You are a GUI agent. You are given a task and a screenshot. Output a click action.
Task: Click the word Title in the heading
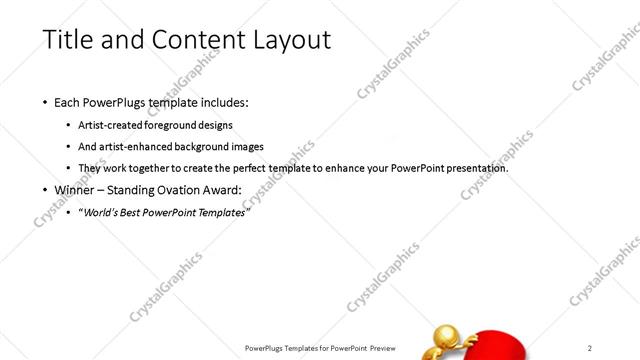pyautogui.click(x=67, y=40)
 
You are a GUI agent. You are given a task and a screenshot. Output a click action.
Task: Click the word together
pyautogui.click(x=155, y=167)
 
